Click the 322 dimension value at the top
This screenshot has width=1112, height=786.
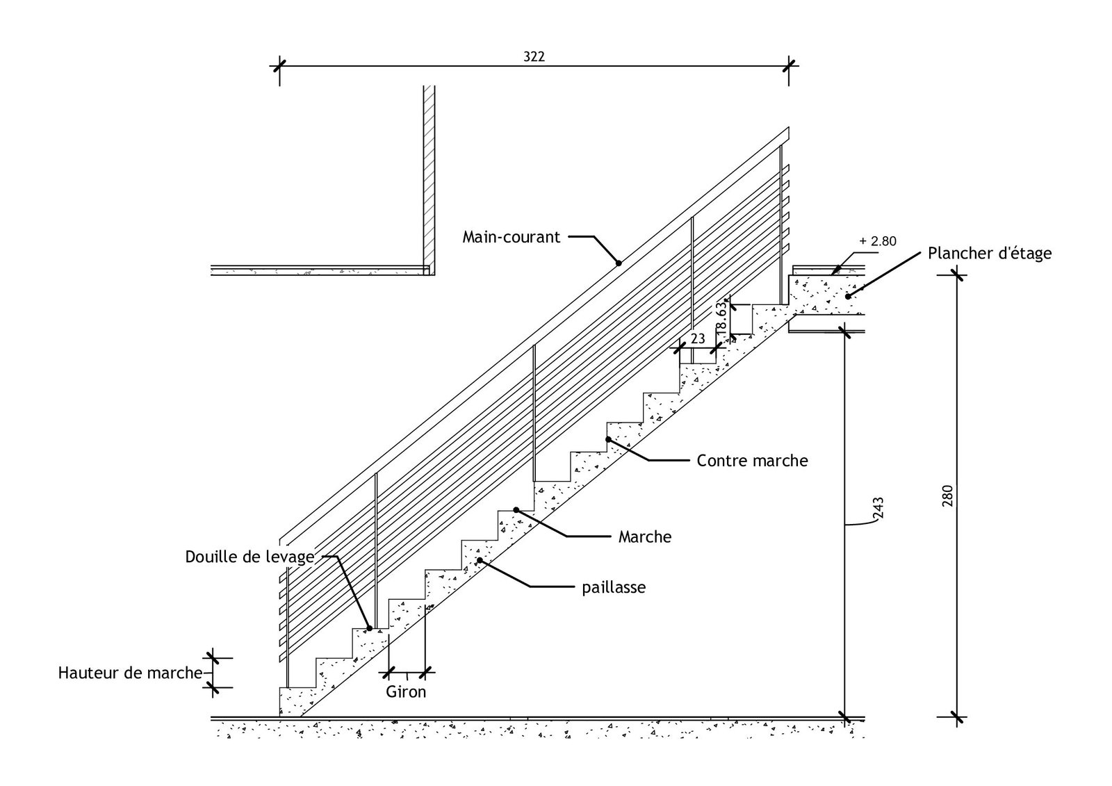click(534, 57)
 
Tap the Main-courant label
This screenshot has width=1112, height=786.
click(511, 238)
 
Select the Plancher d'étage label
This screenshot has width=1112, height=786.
click(989, 253)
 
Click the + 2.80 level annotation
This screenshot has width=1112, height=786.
click(878, 242)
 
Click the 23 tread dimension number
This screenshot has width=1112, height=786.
click(698, 339)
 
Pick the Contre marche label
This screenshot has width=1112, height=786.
click(752, 460)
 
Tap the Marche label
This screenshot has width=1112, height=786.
click(645, 537)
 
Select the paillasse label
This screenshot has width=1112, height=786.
click(614, 588)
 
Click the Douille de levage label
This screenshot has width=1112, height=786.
click(250, 557)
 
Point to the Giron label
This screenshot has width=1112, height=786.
click(406, 692)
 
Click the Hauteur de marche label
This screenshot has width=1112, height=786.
click(130, 673)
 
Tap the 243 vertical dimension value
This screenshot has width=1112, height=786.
click(878, 509)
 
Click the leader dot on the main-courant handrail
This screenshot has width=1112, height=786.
click(618, 263)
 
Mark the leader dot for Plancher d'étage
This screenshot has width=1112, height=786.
click(847, 296)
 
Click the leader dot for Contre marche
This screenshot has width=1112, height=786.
click(608, 439)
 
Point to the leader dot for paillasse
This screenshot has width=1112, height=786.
click(480, 560)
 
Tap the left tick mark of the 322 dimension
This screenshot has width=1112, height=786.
click(279, 67)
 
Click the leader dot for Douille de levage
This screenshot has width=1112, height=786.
click(369, 628)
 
